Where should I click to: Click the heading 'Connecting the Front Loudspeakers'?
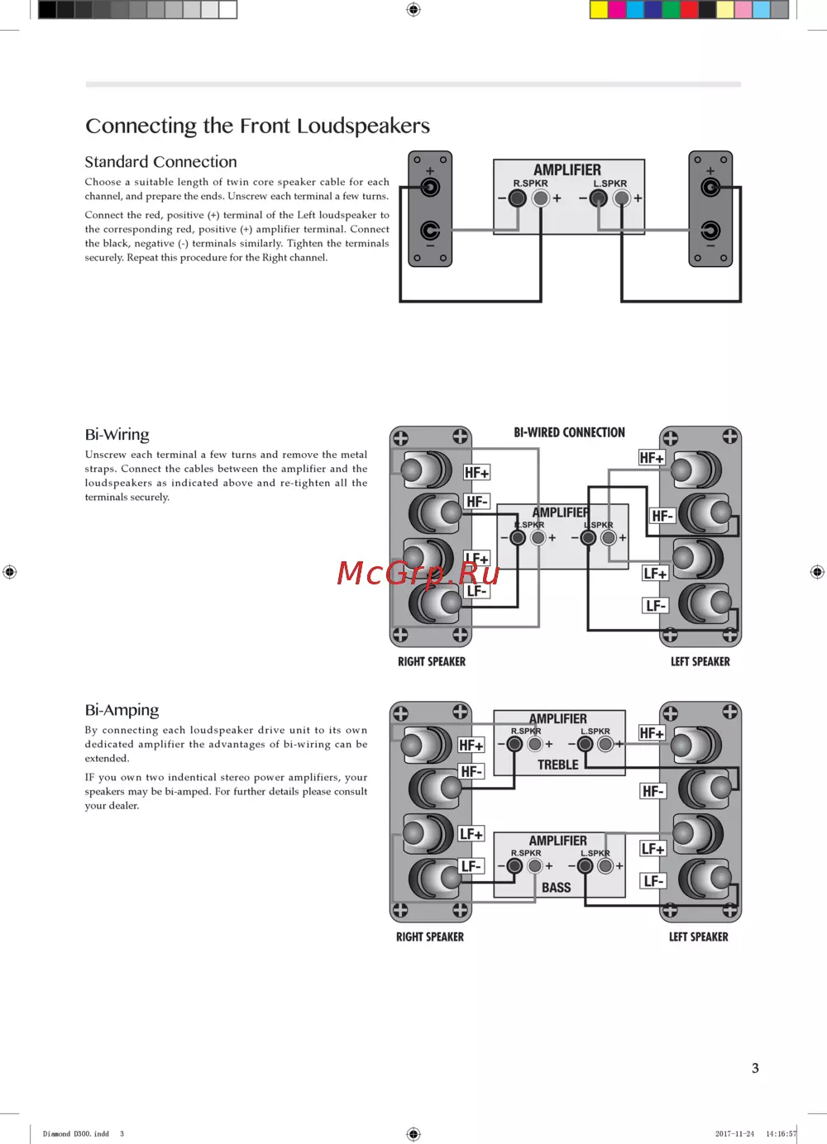pos(257,126)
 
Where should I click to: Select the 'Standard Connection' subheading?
pos(160,162)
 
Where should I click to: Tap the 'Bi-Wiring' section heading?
pos(117,435)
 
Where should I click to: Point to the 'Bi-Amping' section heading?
pos(122,710)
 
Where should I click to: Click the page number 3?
pos(755,1068)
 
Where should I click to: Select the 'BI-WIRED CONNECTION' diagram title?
pos(569,432)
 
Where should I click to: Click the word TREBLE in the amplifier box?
pos(558,765)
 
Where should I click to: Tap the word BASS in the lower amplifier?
pos(557,887)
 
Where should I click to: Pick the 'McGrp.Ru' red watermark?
pos(418,573)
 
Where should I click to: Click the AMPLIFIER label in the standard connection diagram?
pos(567,169)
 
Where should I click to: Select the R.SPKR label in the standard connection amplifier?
pos(530,184)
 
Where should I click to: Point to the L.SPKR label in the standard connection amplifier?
pos(610,184)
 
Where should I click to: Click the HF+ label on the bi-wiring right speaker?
pos(476,473)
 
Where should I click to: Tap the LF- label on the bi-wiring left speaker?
pos(655,606)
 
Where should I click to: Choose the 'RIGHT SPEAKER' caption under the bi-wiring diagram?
pos(432,661)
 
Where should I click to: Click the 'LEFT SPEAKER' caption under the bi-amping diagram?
pos(699,937)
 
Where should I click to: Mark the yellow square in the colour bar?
pos(599,10)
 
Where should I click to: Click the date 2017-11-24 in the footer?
pos(734,1134)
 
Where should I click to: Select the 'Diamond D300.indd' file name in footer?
pos(76,1134)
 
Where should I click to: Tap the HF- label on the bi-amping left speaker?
pos(653,791)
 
